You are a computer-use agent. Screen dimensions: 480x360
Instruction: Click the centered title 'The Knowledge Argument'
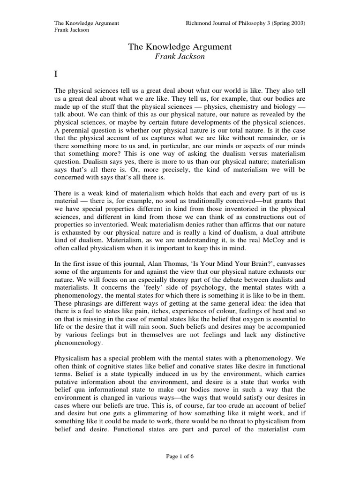180,47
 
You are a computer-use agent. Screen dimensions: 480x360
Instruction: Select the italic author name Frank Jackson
180,56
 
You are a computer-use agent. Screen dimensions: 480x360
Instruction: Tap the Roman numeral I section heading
57,75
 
